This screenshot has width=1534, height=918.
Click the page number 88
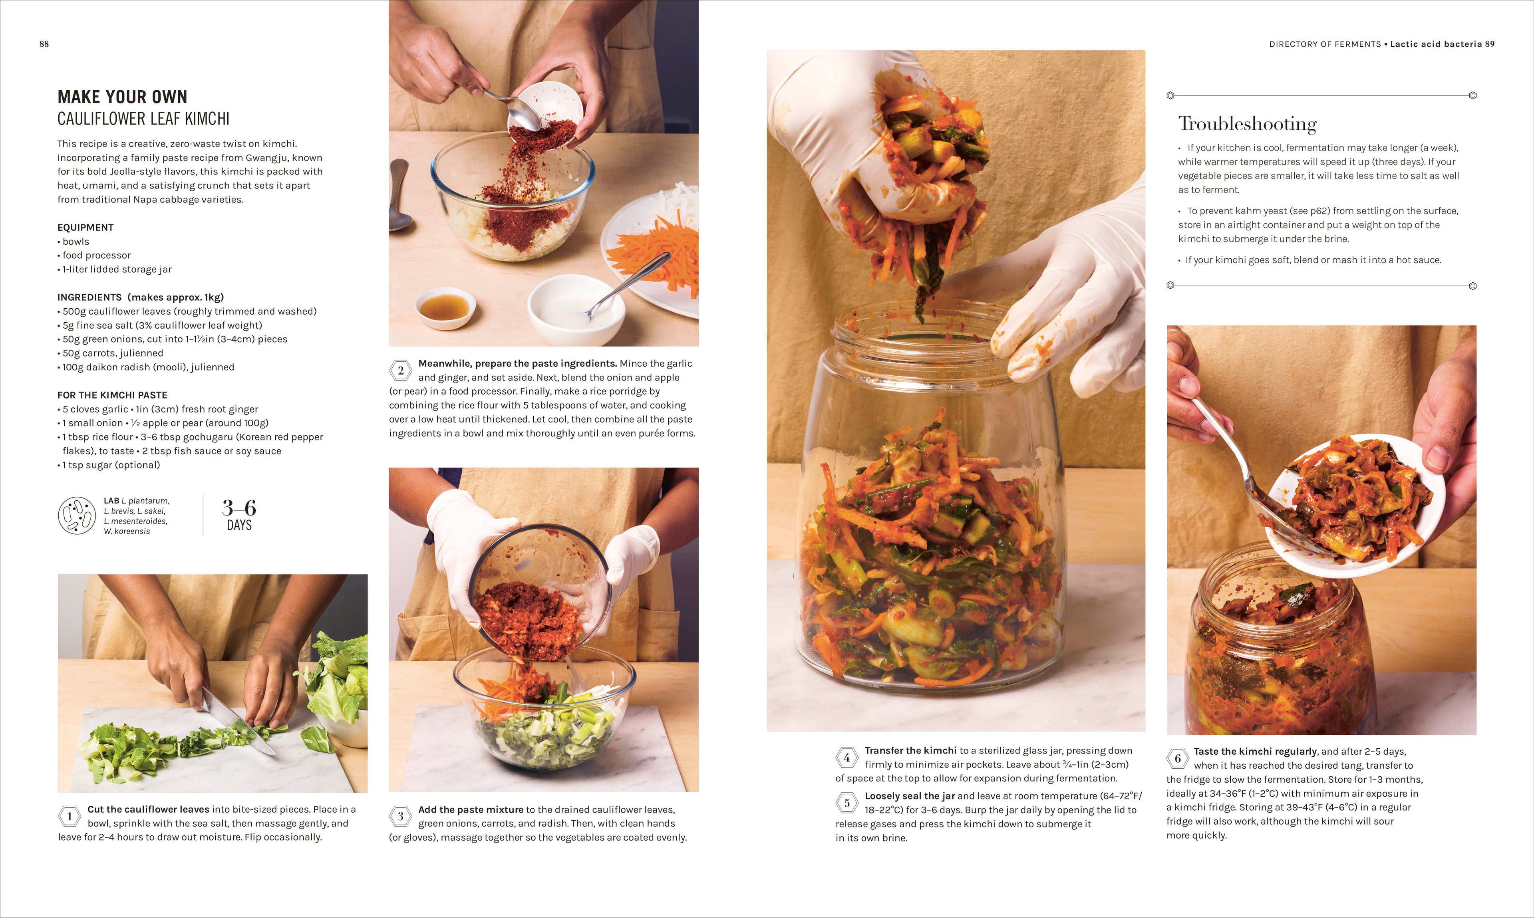44,44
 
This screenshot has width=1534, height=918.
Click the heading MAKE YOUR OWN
122,97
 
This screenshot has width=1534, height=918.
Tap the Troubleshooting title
1247,124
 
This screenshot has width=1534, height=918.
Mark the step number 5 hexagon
846,803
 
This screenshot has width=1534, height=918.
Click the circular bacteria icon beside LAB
77,515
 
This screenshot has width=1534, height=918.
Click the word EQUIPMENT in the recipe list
85,228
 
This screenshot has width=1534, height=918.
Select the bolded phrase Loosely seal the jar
910,796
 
